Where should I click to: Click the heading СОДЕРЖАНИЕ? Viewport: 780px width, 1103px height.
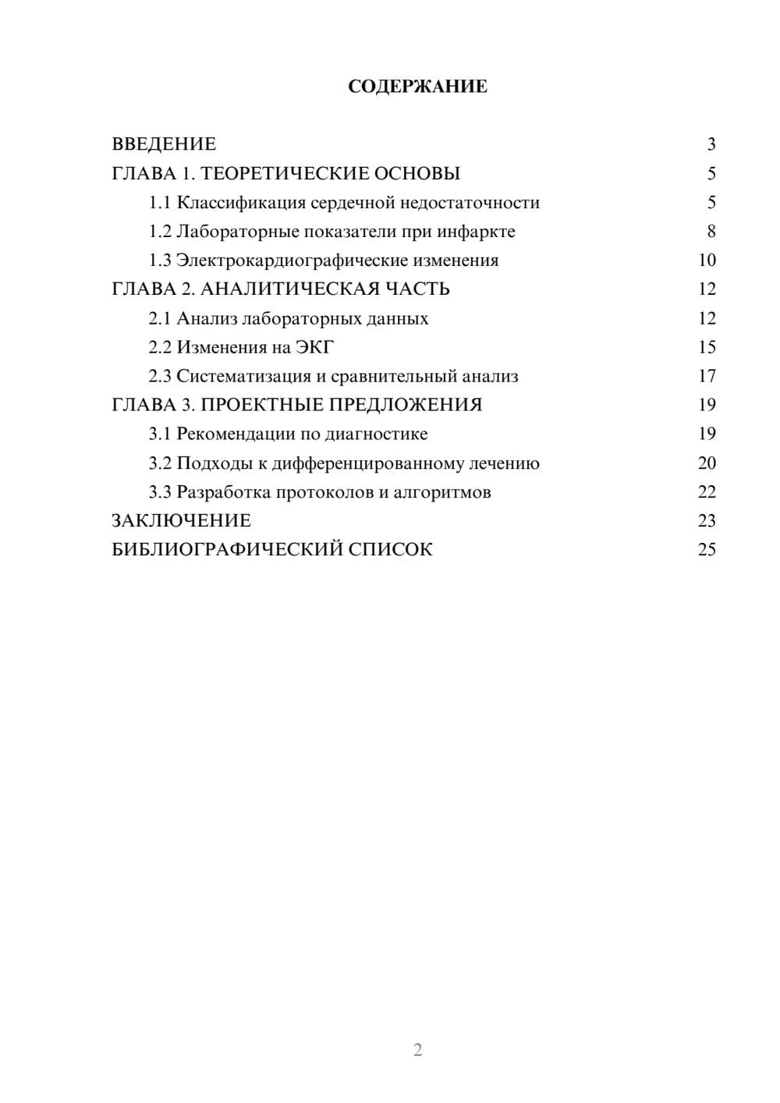pos(417,87)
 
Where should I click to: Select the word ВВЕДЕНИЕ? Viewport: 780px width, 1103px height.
pos(164,144)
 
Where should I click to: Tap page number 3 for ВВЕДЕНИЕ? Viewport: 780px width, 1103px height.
pos(711,144)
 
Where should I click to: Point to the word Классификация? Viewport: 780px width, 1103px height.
pos(241,203)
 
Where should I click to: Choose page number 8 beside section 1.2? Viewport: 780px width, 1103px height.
pos(711,232)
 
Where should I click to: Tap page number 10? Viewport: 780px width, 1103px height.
pos(707,261)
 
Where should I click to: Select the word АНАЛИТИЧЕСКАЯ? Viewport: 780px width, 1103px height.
pos(287,289)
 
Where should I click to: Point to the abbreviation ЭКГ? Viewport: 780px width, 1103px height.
pos(314,347)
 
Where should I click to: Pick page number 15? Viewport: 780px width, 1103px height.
pos(707,347)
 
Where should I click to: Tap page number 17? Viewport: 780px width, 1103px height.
pos(707,376)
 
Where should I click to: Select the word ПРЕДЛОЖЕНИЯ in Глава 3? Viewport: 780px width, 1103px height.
pos(403,405)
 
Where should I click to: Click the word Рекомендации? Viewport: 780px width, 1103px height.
pos(236,434)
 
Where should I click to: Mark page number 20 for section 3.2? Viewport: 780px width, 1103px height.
pos(707,463)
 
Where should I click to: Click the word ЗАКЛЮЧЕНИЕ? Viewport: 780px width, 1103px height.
pos(181,520)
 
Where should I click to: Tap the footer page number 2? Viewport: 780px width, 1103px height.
pos(417,1050)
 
